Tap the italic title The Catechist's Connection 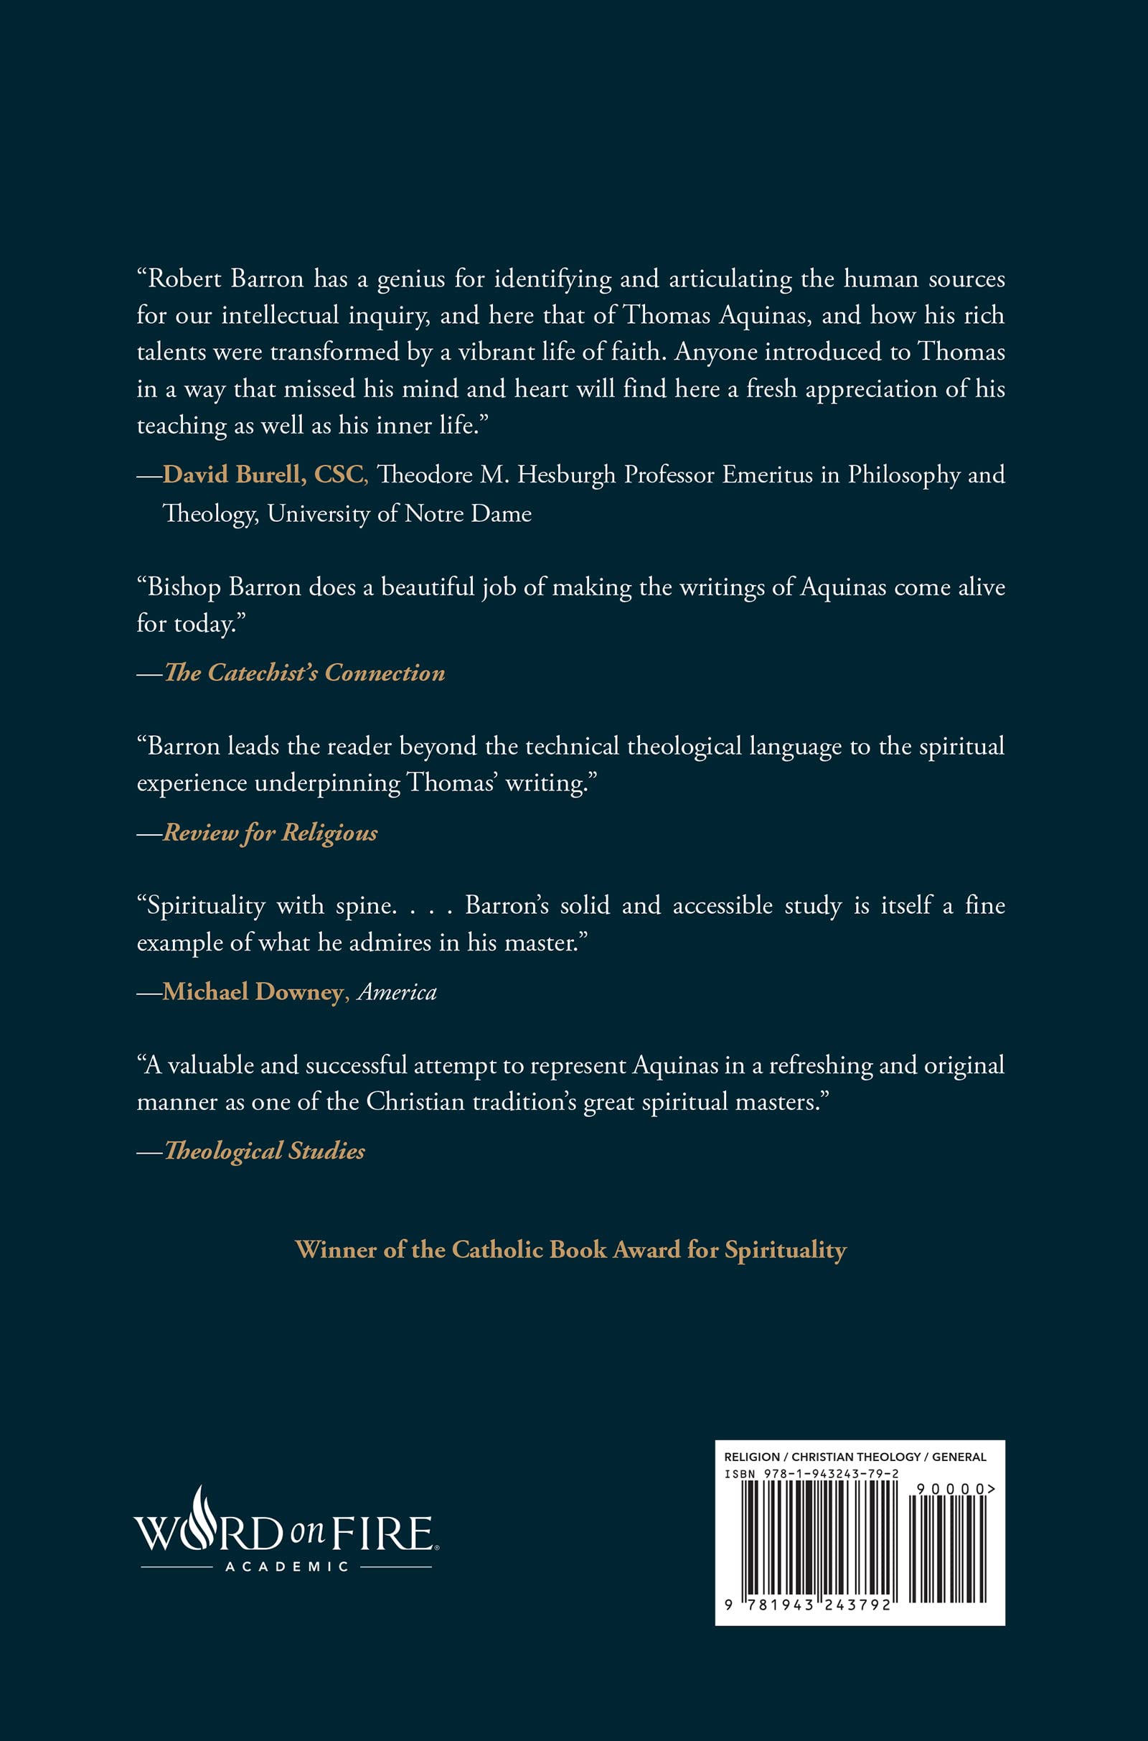click(x=304, y=673)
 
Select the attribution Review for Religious click(x=270, y=832)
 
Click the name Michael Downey click(x=253, y=991)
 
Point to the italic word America click(x=397, y=991)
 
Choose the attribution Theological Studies click(x=264, y=1151)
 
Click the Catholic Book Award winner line click(x=570, y=1249)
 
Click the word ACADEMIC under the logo click(x=286, y=1567)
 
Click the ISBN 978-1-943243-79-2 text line click(x=811, y=1474)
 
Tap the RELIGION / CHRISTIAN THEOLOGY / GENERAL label click(x=855, y=1457)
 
